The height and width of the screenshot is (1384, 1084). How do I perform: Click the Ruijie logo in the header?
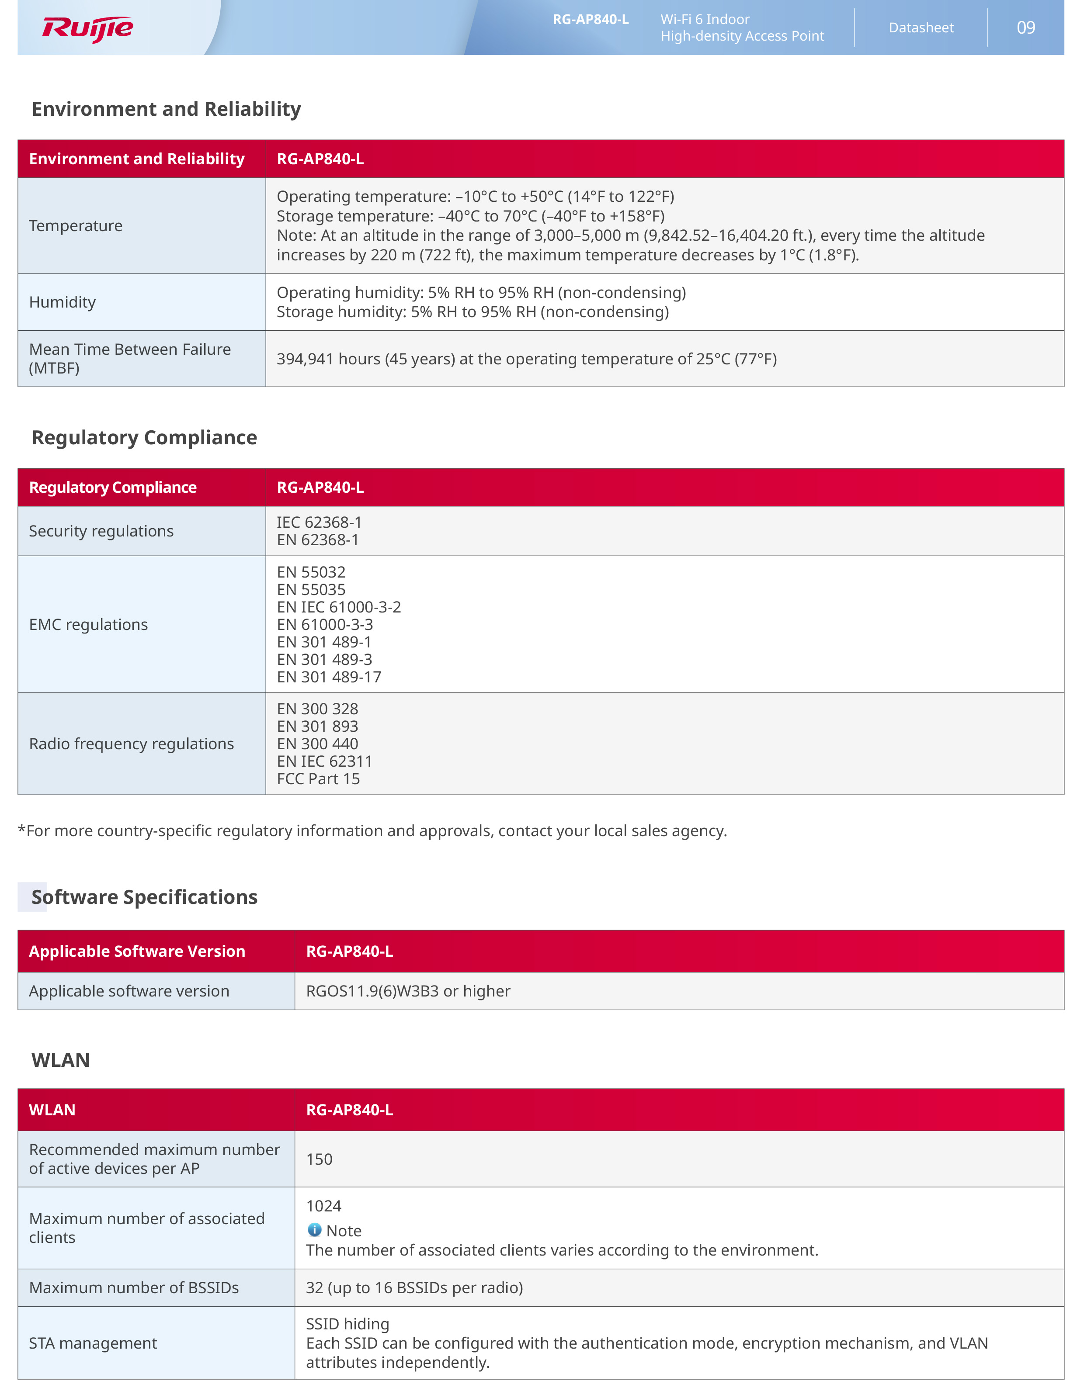pos(87,28)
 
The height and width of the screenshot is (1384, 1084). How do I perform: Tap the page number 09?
pos(1025,28)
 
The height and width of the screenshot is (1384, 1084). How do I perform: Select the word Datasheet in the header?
pos(921,28)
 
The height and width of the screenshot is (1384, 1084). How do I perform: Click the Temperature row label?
pos(76,226)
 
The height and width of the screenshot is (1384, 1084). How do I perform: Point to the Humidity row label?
pos(62,302)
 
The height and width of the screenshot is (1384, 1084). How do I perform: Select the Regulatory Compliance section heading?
pos(144,438)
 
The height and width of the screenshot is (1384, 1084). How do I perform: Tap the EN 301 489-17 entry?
pos(329,678)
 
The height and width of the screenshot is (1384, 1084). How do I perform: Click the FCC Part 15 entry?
pos(318,779)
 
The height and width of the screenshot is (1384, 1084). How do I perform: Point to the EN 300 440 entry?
pos(317,744)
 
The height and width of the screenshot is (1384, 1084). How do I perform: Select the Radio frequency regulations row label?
pos(132,744)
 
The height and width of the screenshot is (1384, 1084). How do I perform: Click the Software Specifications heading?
pos(145,897)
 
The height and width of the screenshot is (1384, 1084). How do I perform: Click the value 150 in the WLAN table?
pos(319,1159)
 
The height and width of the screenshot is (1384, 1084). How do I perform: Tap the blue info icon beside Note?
pos(314,1230)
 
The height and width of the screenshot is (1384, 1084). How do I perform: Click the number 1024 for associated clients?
pos(324,1206)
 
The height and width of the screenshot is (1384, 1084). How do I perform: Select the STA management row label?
pos(93,1343)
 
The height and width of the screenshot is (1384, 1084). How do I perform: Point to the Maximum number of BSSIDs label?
pos(134,1287)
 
